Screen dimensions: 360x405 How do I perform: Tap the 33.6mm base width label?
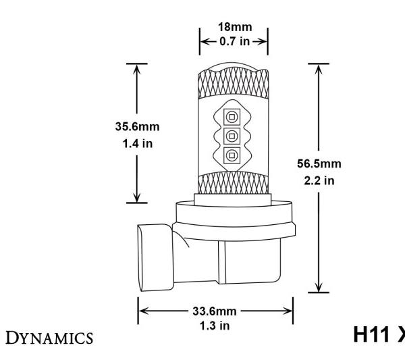tap(216, 312)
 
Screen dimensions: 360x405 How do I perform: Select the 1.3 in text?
tap(216, 325)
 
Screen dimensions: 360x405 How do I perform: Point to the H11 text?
tap(374, 336)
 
